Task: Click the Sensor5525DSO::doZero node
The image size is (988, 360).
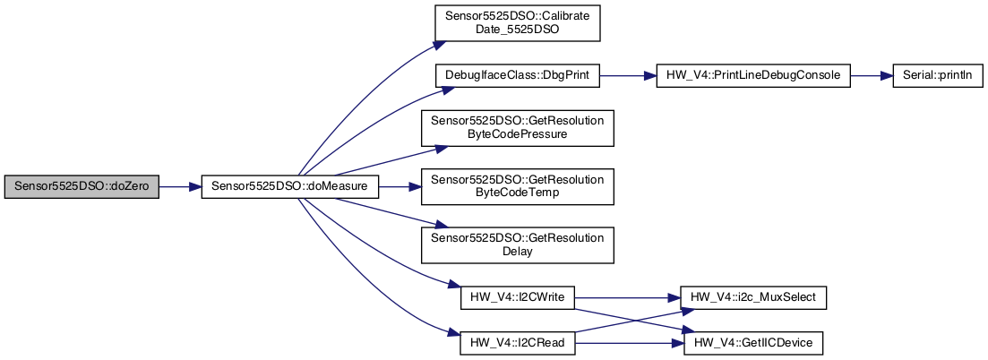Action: (82, 187)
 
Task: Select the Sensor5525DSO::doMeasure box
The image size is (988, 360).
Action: (290, 187)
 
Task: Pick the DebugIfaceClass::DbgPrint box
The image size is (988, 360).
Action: (517, 76)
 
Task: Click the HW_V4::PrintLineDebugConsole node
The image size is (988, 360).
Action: (752, 76)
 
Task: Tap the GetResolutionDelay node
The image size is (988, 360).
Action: (517, 244)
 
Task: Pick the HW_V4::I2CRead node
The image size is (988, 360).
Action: (517, 342)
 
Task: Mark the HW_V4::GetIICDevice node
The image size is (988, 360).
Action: (752, 342)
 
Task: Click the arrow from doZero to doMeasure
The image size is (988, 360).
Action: (179, 187)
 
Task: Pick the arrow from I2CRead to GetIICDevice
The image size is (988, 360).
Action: (627, 342)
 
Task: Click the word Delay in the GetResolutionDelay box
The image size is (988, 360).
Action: (517, 252)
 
